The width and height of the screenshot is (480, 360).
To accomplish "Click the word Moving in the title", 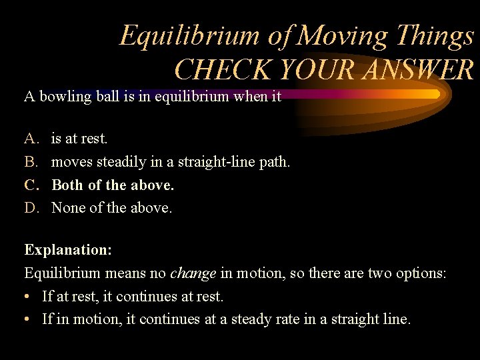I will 341,36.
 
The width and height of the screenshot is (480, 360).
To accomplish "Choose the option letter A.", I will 31,139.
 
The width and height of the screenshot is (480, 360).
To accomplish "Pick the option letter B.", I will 31,162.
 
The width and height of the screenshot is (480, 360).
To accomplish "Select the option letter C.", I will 31,185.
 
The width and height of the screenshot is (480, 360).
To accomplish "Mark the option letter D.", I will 31,208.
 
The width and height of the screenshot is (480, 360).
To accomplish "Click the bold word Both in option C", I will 67,185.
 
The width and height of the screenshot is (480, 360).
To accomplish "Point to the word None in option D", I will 68,208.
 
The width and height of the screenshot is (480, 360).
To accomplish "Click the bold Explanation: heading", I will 68,250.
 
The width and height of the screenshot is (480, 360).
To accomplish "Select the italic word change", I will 193,273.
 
